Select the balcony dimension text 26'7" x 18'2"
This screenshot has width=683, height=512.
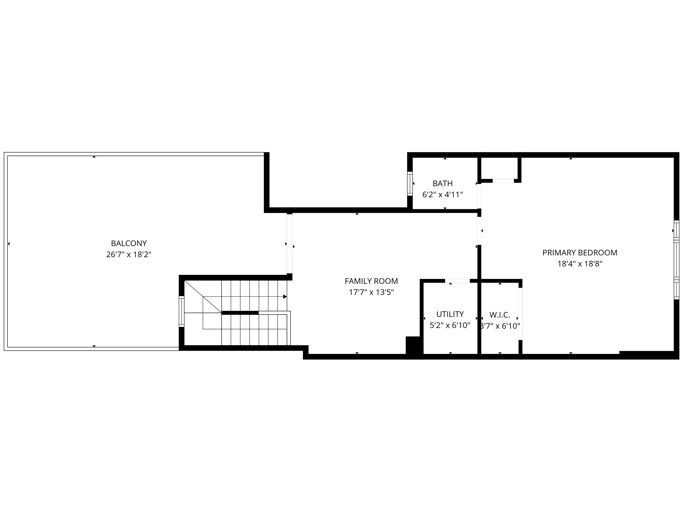129,255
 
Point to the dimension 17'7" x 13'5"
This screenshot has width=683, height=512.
371,292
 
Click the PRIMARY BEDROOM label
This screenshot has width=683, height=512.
580,253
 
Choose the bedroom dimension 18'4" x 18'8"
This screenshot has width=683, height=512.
580,264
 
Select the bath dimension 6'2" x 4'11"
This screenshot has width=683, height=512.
443,195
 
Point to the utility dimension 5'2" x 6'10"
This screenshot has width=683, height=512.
450,325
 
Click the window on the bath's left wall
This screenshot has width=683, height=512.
410,184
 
